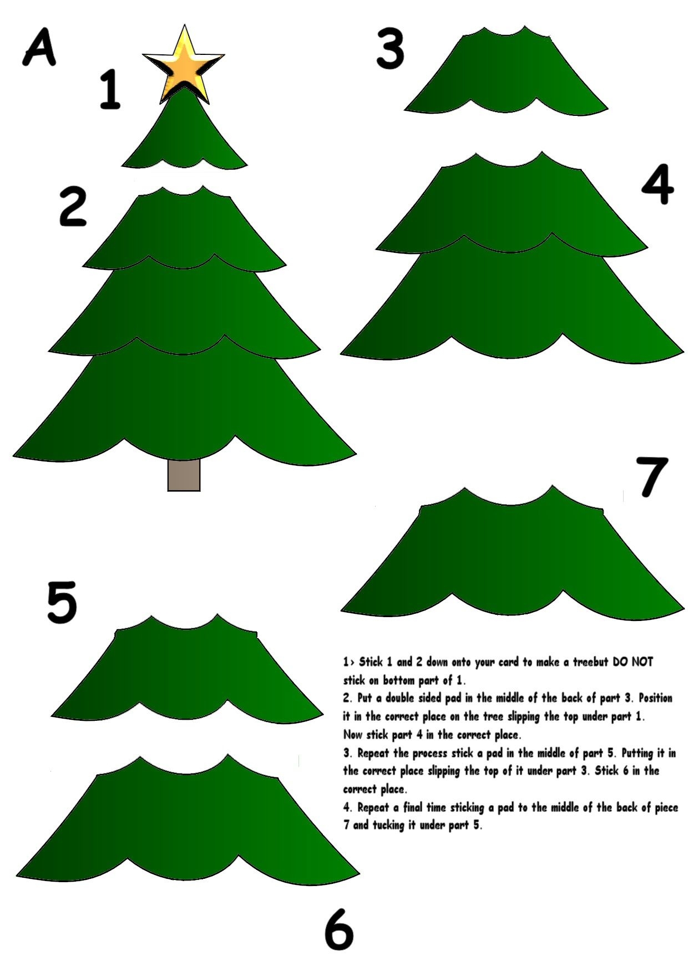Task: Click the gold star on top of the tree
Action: pyautogui.click(x=184, y=64)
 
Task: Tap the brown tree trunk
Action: pyautogui.click(x=184, y=475)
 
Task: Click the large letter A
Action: pyautogui.click(x=39, y=48)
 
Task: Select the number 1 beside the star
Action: pyautogui.click(x=110, y=89)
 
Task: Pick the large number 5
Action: pyautogui.click(x=61, y=602)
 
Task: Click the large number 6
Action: pyautogui.click(x=338, y=930)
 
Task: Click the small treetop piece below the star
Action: pyautogui.click(x=184, y=139)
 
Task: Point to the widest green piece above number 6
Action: pyautogui.click(x=187, y=821)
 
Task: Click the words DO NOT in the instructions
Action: pyautogui.click(x=633, y=661)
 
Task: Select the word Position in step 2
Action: pyautogui.click(x=655, y=698)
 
